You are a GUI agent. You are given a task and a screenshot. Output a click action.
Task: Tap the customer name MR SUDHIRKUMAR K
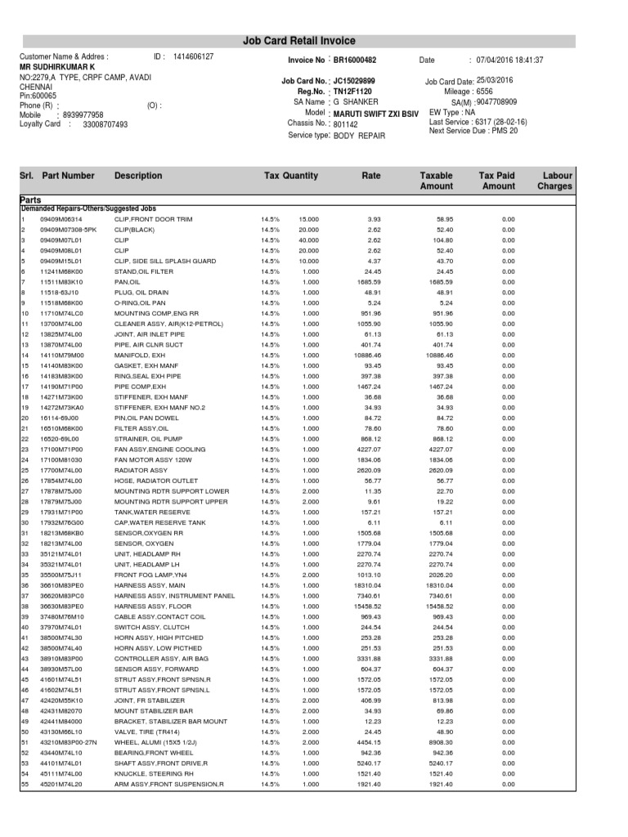[57, 66]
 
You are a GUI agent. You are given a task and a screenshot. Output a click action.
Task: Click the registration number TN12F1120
[353, 92]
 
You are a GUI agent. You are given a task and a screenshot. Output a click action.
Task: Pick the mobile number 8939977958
[83, 115]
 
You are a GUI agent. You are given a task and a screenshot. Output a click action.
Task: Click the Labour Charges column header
[554, 181]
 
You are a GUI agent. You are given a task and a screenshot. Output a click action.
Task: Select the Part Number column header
[68, 176]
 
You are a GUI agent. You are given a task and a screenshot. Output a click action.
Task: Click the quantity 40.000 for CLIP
[308, 240]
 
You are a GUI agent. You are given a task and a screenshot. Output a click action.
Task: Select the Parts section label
[31, 199]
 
